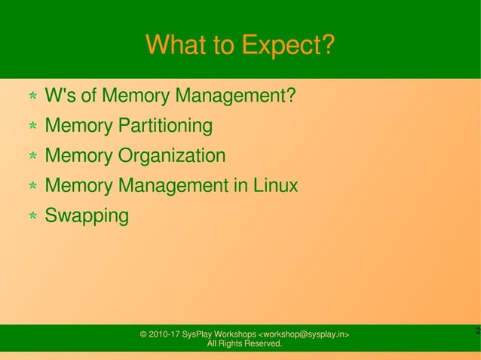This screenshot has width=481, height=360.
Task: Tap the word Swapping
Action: pos(87,216)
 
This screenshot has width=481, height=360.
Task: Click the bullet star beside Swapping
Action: pos(33,217)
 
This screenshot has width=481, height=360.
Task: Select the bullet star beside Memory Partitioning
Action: pos(33,127)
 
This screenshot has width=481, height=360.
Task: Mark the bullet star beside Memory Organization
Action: pos(33,157)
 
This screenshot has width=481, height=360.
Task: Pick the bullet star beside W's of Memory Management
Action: pos(33,97)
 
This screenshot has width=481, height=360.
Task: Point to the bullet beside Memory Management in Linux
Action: pos(33,187)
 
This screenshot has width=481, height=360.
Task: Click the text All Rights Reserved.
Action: pos(244,344)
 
